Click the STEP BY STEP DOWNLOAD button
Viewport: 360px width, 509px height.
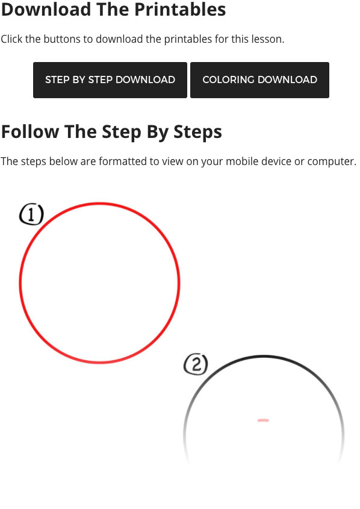(x=110, y=80)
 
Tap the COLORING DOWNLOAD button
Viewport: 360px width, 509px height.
(x=260, y=80)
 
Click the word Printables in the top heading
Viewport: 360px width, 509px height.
(x=180, y=9)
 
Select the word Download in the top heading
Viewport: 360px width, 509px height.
(x=46, y=9)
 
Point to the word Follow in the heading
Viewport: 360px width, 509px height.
(x=30, y=132)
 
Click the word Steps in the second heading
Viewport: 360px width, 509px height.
(x=197, y=133)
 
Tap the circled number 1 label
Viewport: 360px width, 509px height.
(x=31, y=214)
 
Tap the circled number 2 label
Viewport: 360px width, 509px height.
(x=196, y=364)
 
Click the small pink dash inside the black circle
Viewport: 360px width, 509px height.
(x=263, y=420)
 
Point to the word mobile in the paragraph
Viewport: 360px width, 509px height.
(x=242, y=161)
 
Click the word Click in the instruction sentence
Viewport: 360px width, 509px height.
(x=11, y=39)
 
